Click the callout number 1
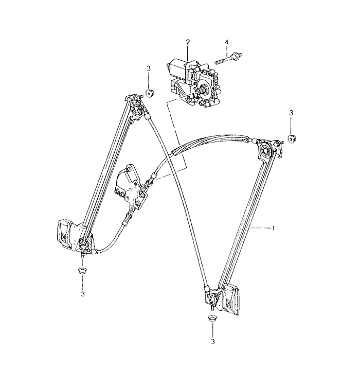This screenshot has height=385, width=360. [x=273, y=229]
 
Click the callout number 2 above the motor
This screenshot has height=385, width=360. [x=188, y=42]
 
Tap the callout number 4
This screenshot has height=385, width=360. [x=226, y=42]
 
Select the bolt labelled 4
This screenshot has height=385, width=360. [x=229, y=59]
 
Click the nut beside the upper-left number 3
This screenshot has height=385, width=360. [x=149, y=94]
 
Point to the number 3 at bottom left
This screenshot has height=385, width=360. [x=83, y=294]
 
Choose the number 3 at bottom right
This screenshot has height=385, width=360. [x=212, y=341]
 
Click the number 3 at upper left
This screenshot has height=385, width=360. [x=149, y=68]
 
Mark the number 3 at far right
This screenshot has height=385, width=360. [x=291, y=113]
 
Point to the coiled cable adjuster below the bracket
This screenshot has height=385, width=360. [x=128, y=218]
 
